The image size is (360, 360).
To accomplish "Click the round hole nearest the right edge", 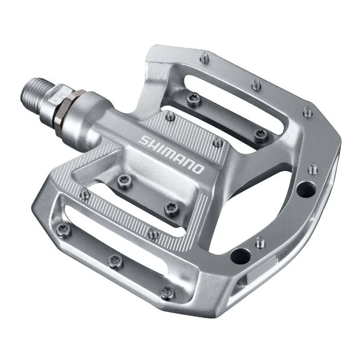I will pos(305,189).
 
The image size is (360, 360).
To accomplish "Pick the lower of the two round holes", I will pos(240,255).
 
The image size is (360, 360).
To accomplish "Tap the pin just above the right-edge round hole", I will pos(313,168).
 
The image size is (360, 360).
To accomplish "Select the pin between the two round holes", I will pos(261,241).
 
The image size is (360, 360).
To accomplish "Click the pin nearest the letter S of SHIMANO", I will pos(170,116).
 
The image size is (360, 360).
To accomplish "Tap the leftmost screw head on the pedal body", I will pos(64,230).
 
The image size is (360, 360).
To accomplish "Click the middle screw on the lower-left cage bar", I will pos(116,262).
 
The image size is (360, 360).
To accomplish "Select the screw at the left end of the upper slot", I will pos(194,99).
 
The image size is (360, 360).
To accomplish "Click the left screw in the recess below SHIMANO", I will pos(124,181).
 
